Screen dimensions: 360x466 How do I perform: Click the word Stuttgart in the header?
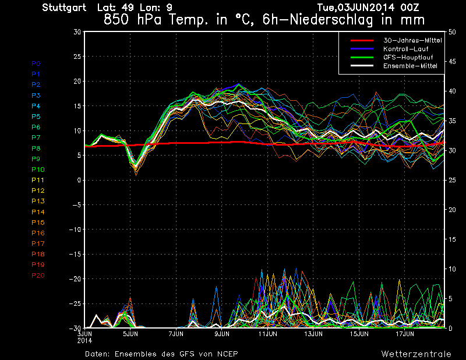[x=65, y=8]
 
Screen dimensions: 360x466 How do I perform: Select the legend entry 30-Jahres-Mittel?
[x=410, y=40]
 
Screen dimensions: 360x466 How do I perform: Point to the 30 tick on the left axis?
[x=77, y=32]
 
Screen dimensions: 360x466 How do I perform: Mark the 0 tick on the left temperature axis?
[x=79, y=180]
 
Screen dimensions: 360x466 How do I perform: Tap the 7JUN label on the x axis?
[x=176, y=334]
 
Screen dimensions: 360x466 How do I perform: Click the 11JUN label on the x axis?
[x=267, y=334]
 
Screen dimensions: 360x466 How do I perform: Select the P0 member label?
[x=36, y=63]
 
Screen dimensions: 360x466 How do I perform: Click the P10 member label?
[x=37, y=170]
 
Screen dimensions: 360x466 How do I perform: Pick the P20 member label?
[x=38, y=275]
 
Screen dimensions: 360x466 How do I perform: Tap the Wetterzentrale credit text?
[x=416, y=354]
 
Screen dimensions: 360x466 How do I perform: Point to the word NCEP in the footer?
[x=226, y=354]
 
